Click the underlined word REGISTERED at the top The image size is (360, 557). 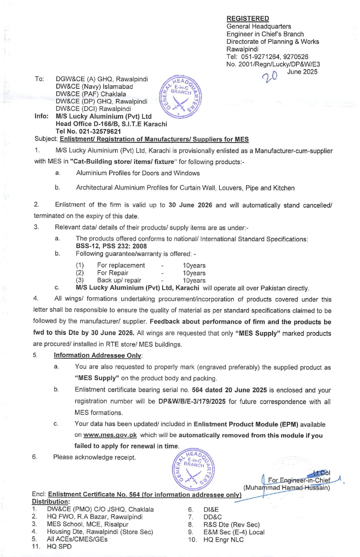248,18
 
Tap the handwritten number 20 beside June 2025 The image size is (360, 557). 270,76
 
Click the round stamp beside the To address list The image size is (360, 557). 180,96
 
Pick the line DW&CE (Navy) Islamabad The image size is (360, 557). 94,86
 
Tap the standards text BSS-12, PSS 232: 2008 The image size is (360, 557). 111,246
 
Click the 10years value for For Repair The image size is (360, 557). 194,273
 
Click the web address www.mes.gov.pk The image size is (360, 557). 110,435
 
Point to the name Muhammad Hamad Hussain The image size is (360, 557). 287,488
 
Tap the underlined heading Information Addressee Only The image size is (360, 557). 97,355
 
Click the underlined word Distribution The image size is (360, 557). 50,502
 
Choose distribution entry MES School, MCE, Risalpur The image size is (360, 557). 88,524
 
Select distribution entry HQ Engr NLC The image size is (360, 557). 223,540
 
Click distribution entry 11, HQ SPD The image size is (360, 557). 59,547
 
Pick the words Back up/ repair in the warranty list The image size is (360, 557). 119,280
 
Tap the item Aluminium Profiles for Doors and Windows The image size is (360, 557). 138,173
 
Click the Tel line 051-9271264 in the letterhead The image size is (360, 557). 267,57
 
